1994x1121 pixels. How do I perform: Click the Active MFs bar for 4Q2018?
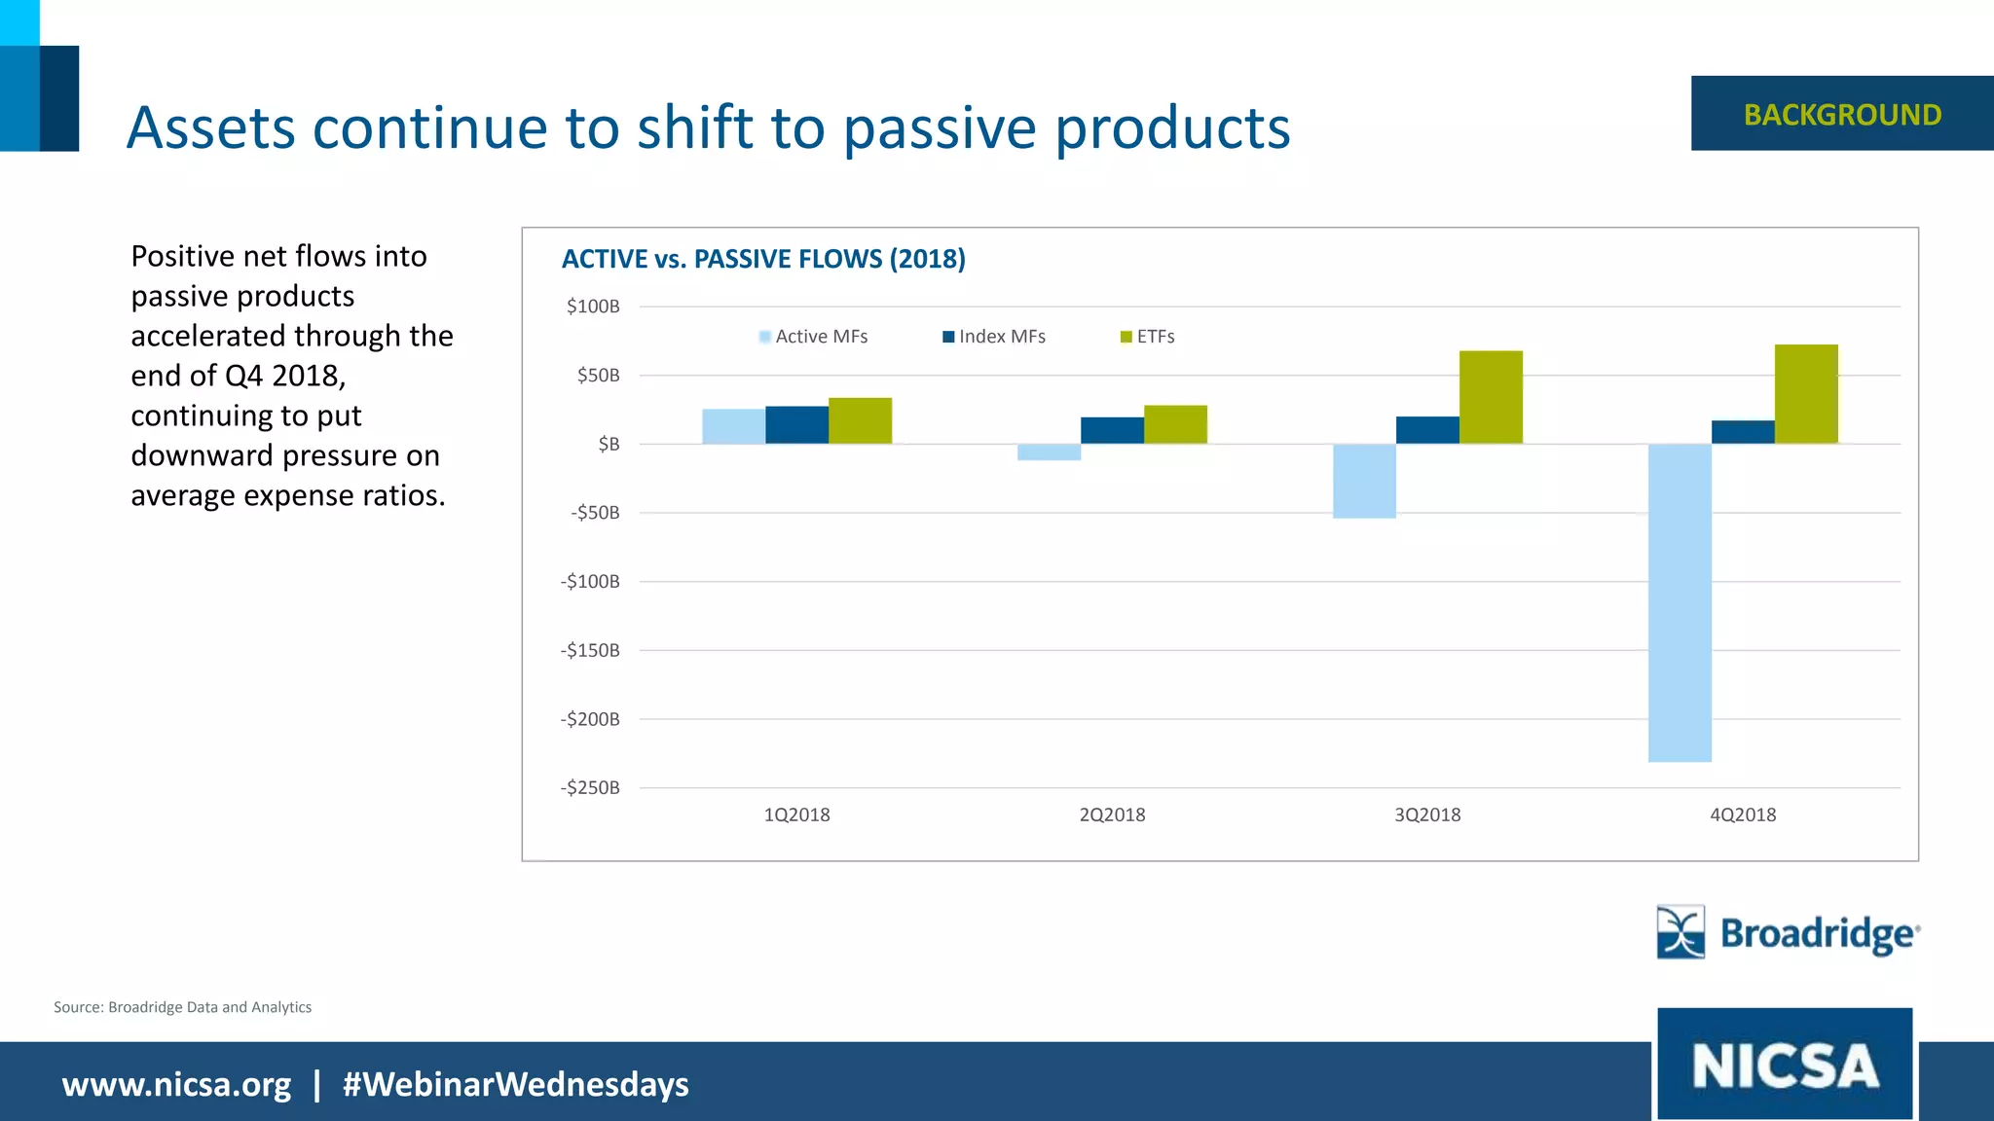(x=1680, y=602)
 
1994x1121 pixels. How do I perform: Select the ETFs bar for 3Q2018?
(x=1491, y=397)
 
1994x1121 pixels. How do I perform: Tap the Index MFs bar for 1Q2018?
(x=796, y=425)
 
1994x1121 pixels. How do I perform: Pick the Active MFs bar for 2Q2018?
(x=1049, y=452)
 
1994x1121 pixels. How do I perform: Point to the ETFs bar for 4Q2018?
(x=1806, y=394)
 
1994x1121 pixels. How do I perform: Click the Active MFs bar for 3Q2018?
(x=1364, y=481)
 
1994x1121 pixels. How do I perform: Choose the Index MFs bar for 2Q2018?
(x=1112, y=431)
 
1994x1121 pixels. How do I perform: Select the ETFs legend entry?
(x=1148, y=337)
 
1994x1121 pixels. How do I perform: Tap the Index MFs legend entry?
(x=994, y=337)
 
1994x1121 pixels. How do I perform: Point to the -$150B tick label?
(x=590, y=650)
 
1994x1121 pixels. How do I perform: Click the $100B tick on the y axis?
(x=593, y=307)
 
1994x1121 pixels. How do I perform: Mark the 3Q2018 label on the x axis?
(x=1427, y=814)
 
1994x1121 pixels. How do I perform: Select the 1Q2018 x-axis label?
(x=796, y=814)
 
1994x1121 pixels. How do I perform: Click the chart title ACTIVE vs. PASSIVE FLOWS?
(x=763, y=259)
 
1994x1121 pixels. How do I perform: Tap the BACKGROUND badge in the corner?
(x=1842, y=114)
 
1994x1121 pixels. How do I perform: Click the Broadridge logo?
(x=1789, y=932)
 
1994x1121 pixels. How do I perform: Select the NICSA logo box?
(x=1785, y=1064)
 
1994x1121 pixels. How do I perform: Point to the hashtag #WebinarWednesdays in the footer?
(x=515, y=1084)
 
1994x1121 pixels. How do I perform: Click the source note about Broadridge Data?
(x=182, y=1007)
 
